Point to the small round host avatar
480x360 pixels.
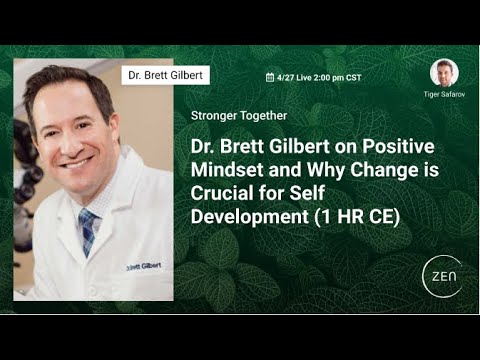(444, 73)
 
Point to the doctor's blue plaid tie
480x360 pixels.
(89, 227)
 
